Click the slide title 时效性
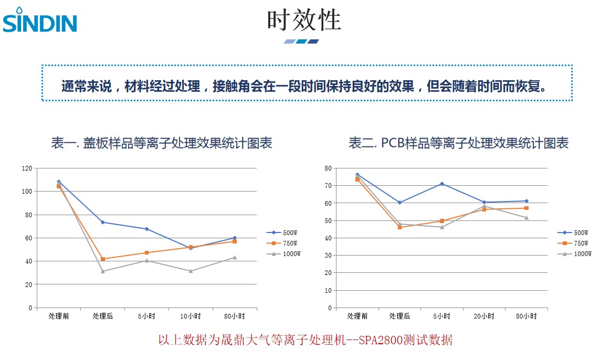coord(304,20)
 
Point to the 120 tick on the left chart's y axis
coord(27,168)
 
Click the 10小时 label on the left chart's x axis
coord(191,316)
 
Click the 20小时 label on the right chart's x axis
coord(484,316)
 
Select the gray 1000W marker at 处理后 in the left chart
coord(103,271)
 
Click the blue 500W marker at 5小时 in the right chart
coord(442,184)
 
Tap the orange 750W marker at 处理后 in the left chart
coord(103,259)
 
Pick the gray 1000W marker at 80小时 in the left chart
coord(235,257)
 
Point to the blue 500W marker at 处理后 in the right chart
coord(399,203)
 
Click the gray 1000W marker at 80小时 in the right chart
coord(527,218)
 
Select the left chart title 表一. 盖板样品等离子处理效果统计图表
coord(162,143)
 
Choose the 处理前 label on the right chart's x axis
coord(357,316)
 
